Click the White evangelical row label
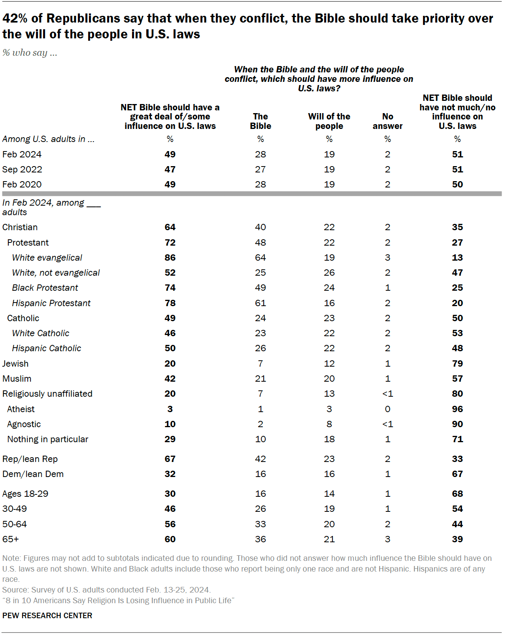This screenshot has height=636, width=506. point(47,257)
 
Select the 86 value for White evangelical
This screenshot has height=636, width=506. point(170,257)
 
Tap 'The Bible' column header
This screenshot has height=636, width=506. point(261,121)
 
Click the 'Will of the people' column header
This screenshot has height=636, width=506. point(329,121)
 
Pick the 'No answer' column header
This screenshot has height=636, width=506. point(387,121)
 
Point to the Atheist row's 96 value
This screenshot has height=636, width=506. point(457,409)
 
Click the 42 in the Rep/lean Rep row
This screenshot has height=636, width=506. point(261,459)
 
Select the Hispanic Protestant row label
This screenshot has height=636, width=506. point(51,303)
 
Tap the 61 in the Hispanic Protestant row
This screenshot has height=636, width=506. point(261,303)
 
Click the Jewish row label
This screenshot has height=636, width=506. point(15,363)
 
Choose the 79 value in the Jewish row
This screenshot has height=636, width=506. point(457,363)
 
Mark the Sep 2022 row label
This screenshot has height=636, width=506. point(22,169)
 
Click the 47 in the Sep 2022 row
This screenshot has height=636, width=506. point(170,169)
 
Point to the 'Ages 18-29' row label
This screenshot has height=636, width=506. point(25,494)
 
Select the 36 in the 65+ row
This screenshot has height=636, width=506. point(261,539)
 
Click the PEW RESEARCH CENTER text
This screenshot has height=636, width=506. point(47,615)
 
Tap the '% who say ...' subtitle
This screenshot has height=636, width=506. point(30,53)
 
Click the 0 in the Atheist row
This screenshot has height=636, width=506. point(387,409)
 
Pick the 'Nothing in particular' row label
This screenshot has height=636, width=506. point(48,439)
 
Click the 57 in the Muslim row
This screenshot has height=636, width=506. point(457,379)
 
